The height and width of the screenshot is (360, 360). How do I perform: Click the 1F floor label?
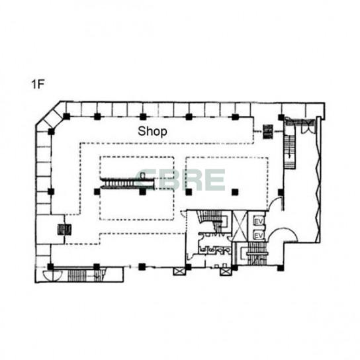click(38, 84)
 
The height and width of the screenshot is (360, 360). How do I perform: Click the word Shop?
click(152, 131)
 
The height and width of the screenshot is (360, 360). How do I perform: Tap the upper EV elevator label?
click(259, 221)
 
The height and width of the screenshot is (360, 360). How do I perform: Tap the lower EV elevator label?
click(259, 236)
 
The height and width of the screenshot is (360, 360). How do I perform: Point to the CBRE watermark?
click(181, 179)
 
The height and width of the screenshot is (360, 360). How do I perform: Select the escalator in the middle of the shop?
click(128, 183)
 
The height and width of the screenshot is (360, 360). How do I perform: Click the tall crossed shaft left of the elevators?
click(240, 226)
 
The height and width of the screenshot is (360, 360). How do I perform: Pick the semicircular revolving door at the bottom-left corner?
click(52, 276)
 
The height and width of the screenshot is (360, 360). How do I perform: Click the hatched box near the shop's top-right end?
click(268, 131)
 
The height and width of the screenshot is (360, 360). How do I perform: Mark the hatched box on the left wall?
click(64, 230)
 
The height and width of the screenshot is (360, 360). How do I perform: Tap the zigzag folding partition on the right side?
click(318, 179)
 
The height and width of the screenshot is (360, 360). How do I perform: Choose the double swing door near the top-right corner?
click(308, 126)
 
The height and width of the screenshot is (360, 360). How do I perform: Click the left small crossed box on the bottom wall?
click(179, 271)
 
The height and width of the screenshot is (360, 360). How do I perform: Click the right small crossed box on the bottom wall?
click(225, 272)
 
